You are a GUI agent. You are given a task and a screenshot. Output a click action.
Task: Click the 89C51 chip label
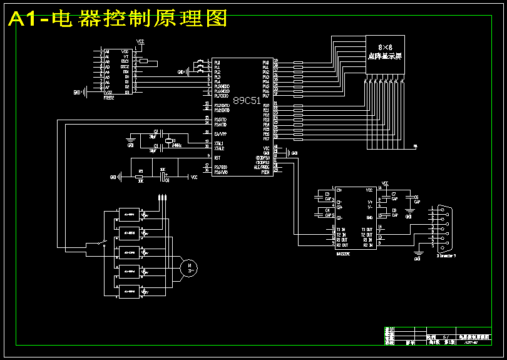(247, 101)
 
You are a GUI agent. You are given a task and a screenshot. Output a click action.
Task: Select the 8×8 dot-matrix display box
(385, 56)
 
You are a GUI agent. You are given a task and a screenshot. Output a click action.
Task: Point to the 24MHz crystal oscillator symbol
(168, 142)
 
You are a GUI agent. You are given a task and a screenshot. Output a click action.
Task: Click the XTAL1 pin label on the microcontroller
(219, 143)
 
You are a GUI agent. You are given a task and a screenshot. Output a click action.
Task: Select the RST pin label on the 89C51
(217, 157)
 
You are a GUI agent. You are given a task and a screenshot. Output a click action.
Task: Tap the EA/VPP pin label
(220, 134)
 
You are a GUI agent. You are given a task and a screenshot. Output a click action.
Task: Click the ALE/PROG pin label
(262, 167)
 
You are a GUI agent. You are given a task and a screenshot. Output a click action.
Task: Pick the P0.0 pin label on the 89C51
(265, 63)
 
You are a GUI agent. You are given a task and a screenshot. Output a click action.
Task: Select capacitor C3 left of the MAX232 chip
(327, 196)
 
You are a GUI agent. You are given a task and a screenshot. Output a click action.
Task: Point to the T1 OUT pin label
(367, 230)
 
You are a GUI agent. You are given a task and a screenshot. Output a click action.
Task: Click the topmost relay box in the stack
(130, 215)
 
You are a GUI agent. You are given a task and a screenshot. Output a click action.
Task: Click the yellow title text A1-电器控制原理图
(118, 19)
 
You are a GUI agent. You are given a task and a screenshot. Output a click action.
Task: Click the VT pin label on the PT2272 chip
(125, 56)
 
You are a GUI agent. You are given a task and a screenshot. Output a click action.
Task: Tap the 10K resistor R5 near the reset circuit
(140, 177)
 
